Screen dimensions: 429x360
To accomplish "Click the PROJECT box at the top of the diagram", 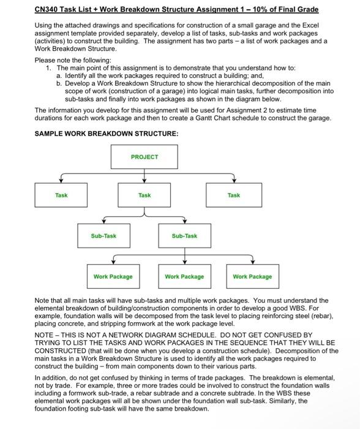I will [144, 158].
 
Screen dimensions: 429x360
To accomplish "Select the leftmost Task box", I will [61, 196].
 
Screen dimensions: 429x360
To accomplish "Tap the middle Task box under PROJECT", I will [144, 196].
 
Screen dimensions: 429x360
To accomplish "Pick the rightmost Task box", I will [233, 196].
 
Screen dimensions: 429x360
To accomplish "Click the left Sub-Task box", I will [103, 236].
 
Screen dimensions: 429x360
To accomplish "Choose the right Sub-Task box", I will [184, 236].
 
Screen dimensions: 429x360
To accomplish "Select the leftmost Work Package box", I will [113, 276].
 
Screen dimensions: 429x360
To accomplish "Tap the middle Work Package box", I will [184, 276].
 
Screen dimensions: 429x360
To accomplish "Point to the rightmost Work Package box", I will [252, 276].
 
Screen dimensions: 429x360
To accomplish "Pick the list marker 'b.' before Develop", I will [59, 83].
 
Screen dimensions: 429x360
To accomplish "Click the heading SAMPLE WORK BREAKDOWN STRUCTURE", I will [98, 133].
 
